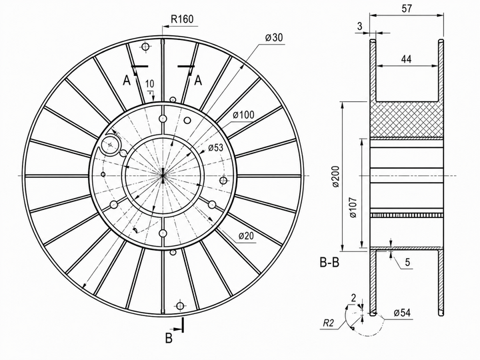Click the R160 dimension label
pyautogui.click(x=182, y=19)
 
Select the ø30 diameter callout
pyautogui.click(x=274, y=37)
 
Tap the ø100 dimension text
pyautogui.click(x=243, y=115)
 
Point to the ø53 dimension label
pyautogui.click(x=216, y=147)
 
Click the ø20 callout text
pyautogui.click(x=247, y=236)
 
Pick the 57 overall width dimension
pyautogui.click(x=406, y=8)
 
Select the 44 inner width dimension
pyautogui.click(x=406, y=59)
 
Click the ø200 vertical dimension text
pyautogui.click(x=336, y=176)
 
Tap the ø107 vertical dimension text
pyautogui.click(x=353, y=207)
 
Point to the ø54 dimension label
pyautogui.click(x=402, y=313)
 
